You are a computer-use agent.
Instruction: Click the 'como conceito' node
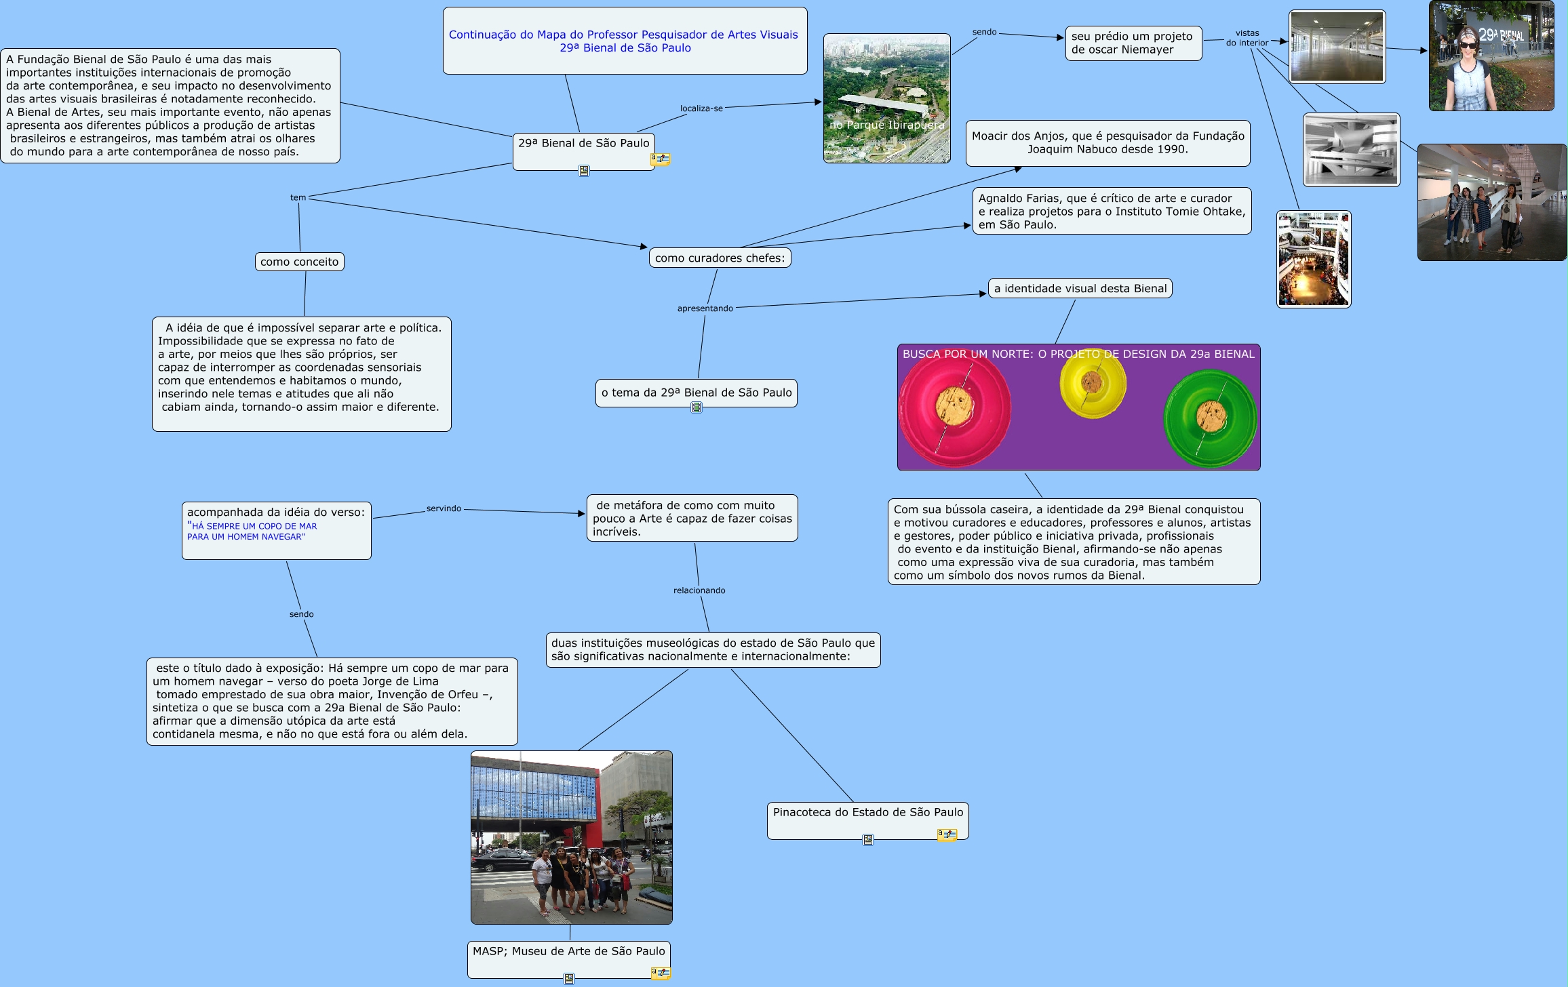click(299, 262)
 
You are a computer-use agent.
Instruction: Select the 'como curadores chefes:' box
click(720, 258)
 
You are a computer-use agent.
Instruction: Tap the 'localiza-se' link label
click(701, 108)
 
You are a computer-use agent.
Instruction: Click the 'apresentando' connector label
click(705, 308)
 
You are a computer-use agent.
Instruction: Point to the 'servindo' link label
click(444, 508)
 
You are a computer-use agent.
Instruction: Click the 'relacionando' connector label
click(699, 590)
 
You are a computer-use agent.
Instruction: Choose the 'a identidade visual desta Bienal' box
click(1080, 289)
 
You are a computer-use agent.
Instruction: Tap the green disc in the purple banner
click(1210, 418)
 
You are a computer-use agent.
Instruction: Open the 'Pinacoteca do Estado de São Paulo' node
click(867, 813)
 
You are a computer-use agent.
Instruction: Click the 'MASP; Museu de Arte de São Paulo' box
click(568, 952)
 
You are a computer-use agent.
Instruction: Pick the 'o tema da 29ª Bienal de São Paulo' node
click(696, 392)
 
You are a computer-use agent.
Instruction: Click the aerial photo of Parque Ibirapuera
click(886, 98)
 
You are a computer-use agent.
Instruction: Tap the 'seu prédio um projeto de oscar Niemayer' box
click(1133, 43)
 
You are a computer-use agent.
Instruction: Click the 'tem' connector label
click(298, 198)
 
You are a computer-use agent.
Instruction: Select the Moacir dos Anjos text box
click(1108, 143)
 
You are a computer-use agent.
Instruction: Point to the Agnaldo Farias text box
click(1111, 211)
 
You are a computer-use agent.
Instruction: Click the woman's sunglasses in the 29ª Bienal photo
click(1468, 45)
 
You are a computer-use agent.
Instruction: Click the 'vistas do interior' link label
click(1247, 38)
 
